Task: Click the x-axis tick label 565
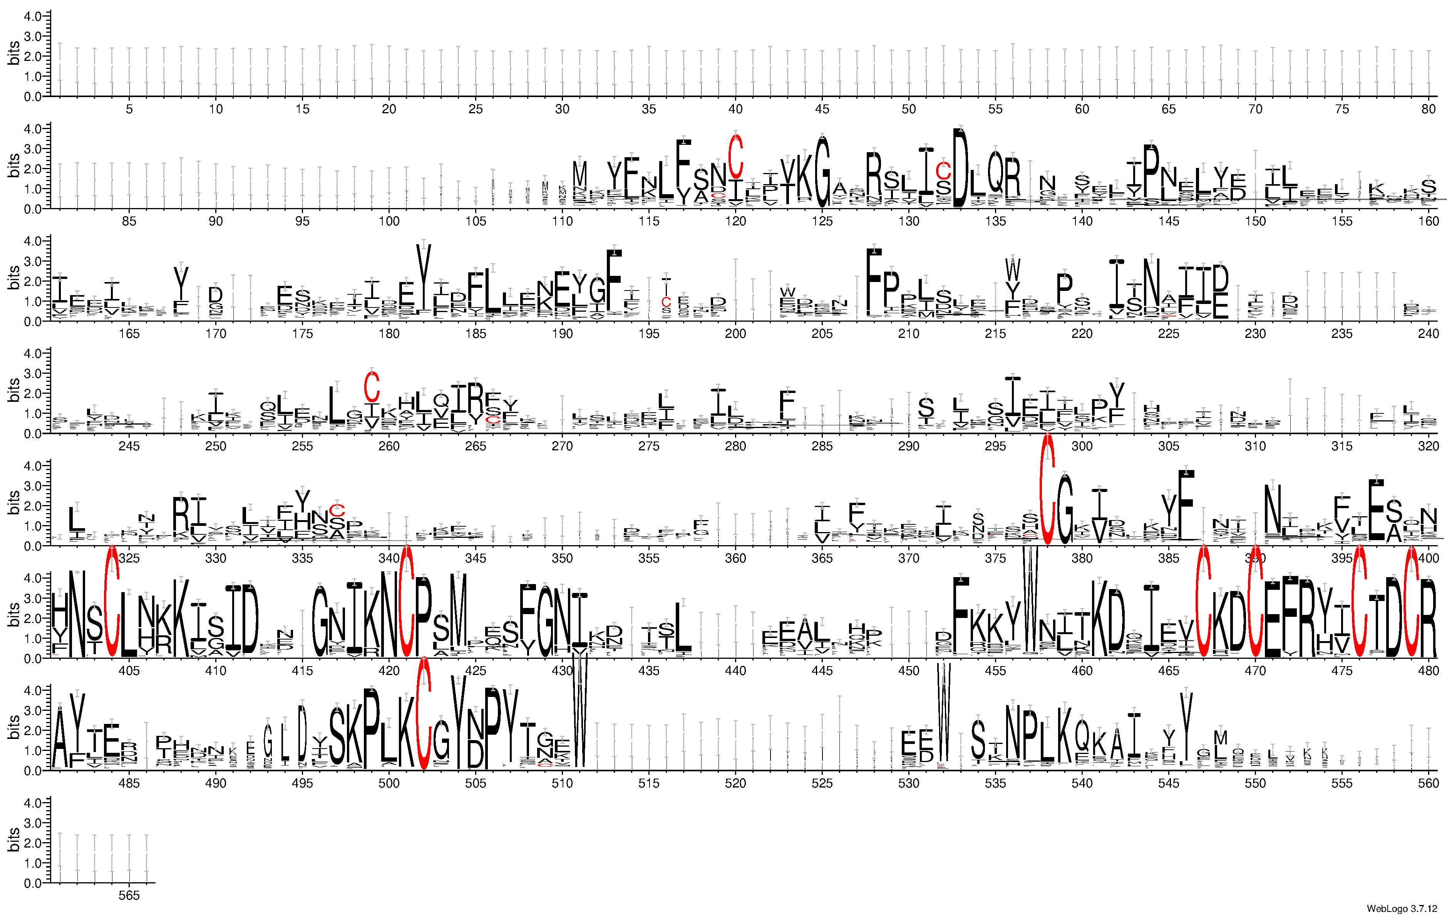129,895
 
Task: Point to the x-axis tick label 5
129,109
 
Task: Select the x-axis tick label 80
1429,109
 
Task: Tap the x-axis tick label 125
822,221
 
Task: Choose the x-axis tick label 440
735,670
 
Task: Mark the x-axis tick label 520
735,783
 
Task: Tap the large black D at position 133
961,168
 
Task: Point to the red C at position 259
372,387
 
